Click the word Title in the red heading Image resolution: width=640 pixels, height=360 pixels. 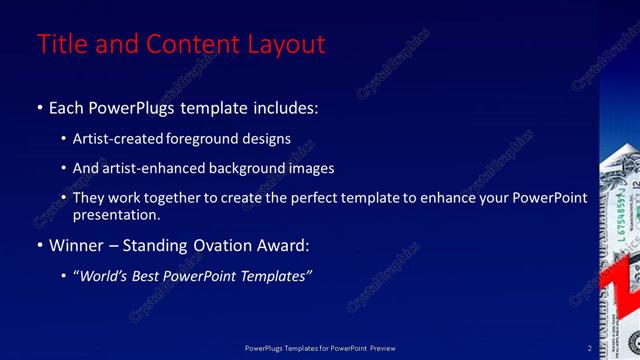58,44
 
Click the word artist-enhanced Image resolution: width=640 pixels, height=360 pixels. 155,168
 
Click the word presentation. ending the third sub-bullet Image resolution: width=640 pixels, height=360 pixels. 117,214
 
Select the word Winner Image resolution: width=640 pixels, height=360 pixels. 78,245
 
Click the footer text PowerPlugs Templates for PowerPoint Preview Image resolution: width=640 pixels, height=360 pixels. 320,348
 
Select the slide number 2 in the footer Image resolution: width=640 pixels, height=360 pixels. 589,348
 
